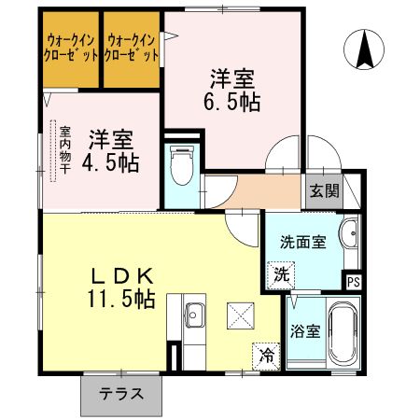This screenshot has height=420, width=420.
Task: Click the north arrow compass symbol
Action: tap(364, 49)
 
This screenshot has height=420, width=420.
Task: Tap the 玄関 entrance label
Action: tap(325, 192)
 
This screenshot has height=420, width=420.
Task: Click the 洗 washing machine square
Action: tap(280, 275)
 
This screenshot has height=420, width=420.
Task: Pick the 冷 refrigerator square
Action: tap(267, 355)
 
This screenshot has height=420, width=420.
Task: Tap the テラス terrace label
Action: tap(122, 393)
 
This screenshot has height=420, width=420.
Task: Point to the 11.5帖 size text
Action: tap(121, 300)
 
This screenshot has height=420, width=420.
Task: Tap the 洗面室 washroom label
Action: tap(302, 242)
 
